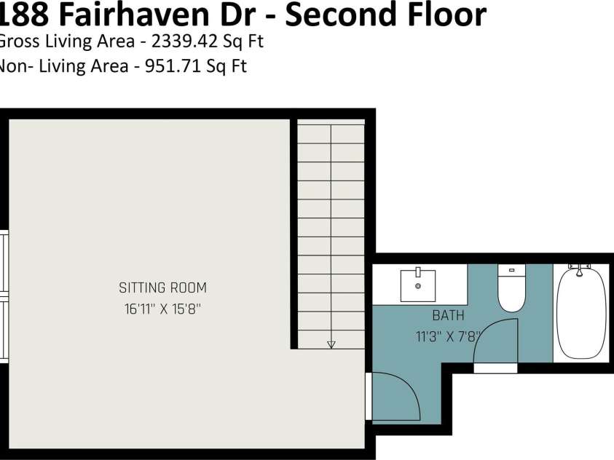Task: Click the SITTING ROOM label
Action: click(163, 288)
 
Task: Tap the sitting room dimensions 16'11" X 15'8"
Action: click(162, 309)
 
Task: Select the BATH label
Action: click(448, 315)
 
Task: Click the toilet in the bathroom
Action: click(511, 288)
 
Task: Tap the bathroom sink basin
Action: click(418, 285)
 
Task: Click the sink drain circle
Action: click(418, 286)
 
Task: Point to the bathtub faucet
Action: click(580, 270)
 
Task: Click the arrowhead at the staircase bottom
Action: click(331, 344)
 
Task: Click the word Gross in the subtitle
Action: click(17, 41)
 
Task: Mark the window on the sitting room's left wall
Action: click(4, 297)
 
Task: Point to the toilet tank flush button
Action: click(511, 270)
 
